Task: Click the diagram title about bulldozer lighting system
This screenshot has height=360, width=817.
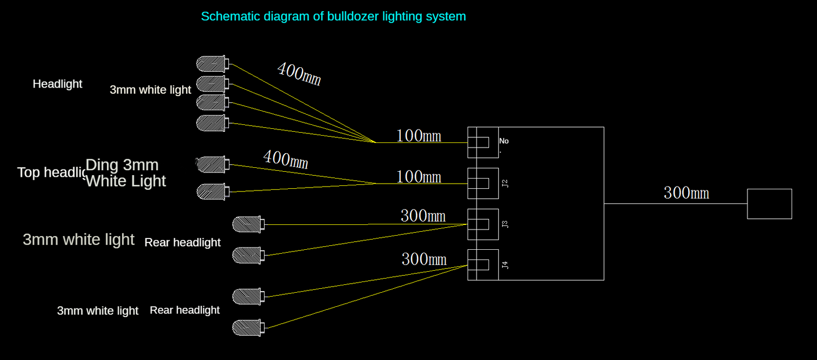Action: tap(334, 16)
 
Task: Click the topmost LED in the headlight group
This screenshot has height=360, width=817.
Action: tap(212, 63)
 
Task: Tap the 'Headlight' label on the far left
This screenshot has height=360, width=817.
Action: tap(57, 84)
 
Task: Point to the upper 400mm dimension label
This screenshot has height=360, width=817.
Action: tap(299, 74)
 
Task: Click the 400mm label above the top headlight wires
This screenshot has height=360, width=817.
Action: tap(286, 159)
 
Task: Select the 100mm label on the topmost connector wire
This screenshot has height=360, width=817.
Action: tap(418, 136)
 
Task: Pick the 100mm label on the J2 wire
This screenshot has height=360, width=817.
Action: tap(418, 177)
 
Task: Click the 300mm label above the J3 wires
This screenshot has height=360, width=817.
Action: tap(423, 216)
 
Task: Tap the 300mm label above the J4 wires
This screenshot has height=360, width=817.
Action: tap(424, 259)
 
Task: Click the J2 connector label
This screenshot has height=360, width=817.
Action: tap(505, 183)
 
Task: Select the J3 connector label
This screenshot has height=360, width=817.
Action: tap(505, 224)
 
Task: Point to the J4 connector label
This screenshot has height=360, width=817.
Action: tap(505, 264)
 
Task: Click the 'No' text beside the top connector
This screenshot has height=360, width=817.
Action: tap(504, 141)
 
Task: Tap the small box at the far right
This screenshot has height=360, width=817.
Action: tap(770, 204)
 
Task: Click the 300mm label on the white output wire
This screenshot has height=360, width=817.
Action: tap(686, 193)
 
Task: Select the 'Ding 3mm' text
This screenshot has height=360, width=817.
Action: tap(122, 165)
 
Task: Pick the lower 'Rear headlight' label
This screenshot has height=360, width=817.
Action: tap(184, 310)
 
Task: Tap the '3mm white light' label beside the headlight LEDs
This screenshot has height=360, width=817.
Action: tap(150, 90)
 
